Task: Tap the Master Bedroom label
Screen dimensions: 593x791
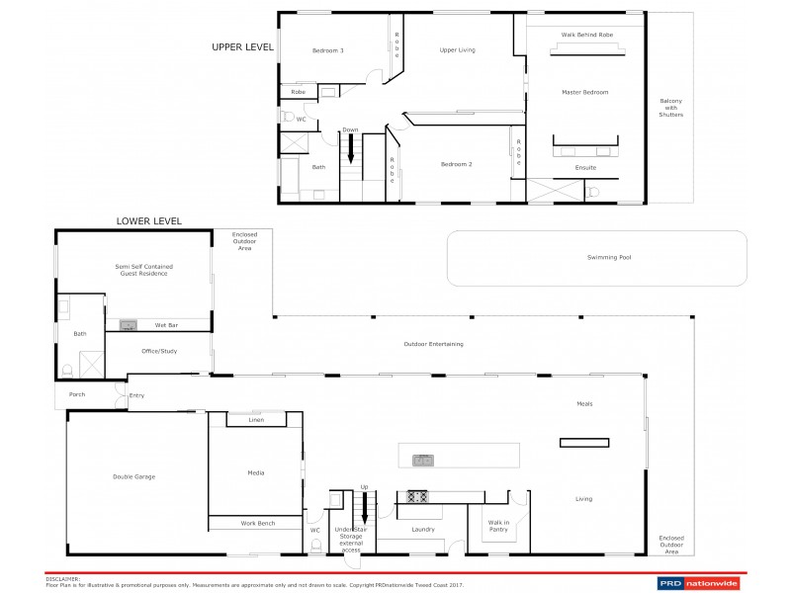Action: [x=586, y=92]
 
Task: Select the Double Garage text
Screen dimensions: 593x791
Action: [x=134, y=476]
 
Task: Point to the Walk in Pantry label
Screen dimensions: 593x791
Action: [x=497, y=525]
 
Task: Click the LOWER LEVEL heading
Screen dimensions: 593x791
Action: [x=148, y=220]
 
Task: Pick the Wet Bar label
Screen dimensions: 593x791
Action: [x=167, y=324]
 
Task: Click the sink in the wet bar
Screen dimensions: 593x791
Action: [x=128, y=324]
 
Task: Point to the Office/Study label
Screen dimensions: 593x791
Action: [x=159, y=350]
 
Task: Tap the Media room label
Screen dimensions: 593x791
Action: [x=255, y=472]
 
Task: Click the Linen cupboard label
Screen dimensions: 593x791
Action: [x=256, y=420]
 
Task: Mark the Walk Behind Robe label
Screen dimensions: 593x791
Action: [x=587, y=34]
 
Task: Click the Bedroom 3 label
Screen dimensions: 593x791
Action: [x=328, y=50]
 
